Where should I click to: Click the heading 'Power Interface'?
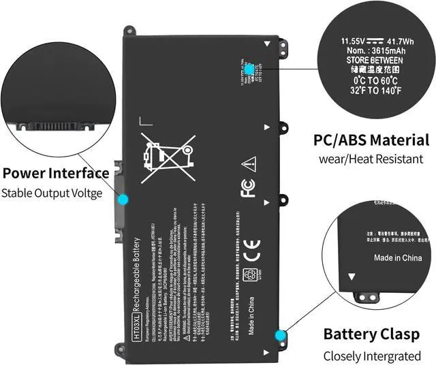pos(56,173)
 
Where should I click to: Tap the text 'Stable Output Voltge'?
pos(52,193)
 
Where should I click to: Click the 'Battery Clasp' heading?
pos(368,334)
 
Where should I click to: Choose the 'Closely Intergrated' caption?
pos(372,355)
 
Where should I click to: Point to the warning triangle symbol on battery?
pos(249,163)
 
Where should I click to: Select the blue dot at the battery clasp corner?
pos(279,335)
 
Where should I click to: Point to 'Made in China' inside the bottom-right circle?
pos(398,258)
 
